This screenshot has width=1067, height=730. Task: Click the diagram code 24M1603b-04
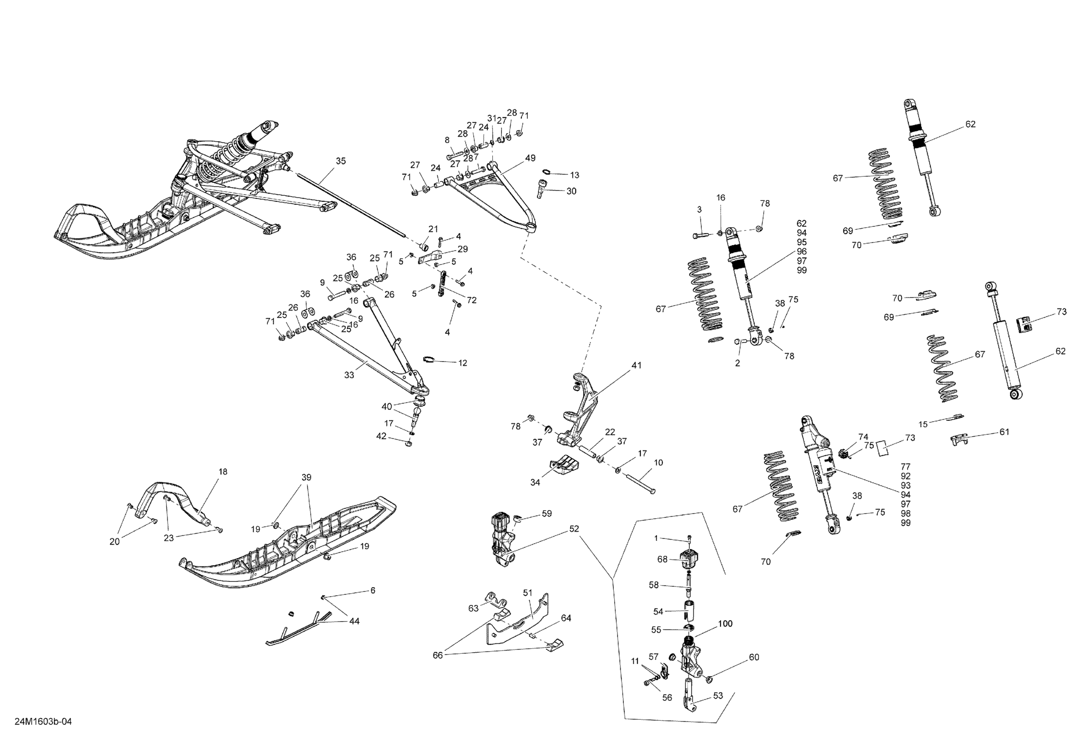click(43, 722)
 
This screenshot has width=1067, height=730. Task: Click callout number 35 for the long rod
click(341, 161)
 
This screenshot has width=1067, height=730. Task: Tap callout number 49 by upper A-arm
click(530, 158)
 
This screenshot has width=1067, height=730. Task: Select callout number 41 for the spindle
click(637, 365)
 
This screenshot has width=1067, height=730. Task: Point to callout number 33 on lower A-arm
click(349, 375)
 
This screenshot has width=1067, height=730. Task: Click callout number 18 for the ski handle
click(223, 472)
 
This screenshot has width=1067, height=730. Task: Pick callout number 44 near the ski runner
click(355, 621)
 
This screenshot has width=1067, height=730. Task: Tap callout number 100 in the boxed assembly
click(725, 624)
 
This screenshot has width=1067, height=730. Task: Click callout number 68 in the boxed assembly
click(662, 559)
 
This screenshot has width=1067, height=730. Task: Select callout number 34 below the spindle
click(535, 482)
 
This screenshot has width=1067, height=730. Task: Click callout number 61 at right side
click(1005, 432)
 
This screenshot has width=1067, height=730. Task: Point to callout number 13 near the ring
click(575, 175)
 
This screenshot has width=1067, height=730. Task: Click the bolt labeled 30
click(540, 189)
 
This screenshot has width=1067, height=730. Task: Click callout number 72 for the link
click(472, 301)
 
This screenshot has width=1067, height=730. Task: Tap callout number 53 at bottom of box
click(718, 696)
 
